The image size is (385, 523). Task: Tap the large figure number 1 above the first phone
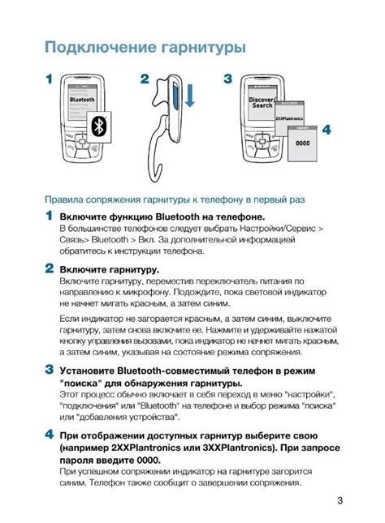pos(49,80)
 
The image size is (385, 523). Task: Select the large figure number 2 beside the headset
pos(145,80)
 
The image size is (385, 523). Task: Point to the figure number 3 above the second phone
pos(228,79)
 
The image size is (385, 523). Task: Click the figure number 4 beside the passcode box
pos(326,129)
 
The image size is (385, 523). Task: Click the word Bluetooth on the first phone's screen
pos(83,99)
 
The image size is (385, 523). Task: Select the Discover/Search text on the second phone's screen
pos(262,103)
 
